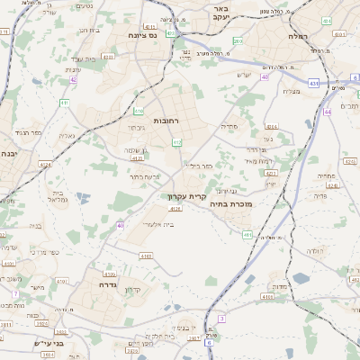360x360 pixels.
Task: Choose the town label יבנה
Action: [x=8, y=154]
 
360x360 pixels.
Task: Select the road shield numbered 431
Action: [x=313, y=83]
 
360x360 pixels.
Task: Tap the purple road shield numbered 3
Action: [x=221, y=319]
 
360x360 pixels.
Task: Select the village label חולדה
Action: [x=313, y=250]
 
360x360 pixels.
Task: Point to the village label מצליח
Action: [x=291, y=92]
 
